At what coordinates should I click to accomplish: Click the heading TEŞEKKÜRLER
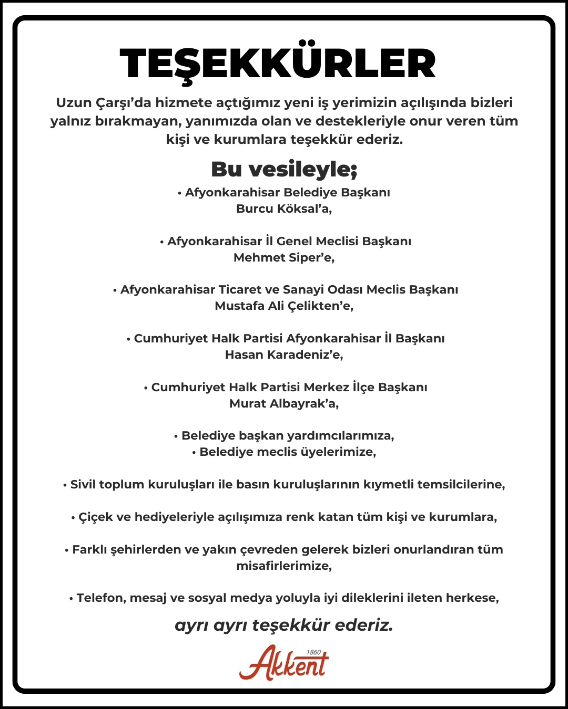click(278, 64)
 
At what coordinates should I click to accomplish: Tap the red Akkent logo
click(283, 663)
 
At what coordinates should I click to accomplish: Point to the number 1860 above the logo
click(313, 652)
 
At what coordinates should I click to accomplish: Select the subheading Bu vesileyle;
click(284, 169)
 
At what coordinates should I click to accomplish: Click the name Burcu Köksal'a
click(284, 208)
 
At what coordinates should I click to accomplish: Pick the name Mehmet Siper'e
click(284, 257)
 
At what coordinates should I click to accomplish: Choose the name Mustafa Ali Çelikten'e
click(284, 306)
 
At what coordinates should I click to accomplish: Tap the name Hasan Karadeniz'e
click(284, 354)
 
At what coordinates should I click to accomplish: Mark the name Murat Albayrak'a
click(284, 403)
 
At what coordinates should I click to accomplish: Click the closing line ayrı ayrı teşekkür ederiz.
click(284, 625)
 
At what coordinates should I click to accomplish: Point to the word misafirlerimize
click(284, 566)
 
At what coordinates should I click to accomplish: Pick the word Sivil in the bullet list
click(83, 484)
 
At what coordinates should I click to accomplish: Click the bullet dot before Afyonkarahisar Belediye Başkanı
click(179, 193)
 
